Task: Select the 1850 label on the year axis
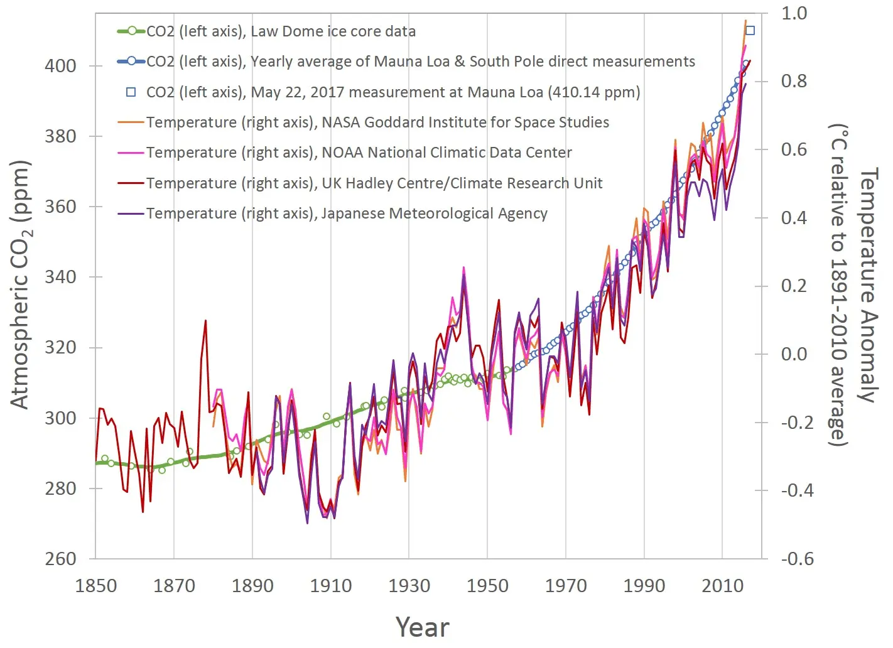(95, 586)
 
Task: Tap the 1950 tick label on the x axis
(487, 586)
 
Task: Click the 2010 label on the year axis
(722, 586)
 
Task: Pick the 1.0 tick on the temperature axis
(794, 13)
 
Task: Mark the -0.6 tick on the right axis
(796, 559)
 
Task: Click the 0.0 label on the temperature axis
(794, 354)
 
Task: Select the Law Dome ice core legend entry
(281, 31)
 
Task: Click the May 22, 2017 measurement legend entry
(393, 92)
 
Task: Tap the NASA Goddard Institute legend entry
(377, 122)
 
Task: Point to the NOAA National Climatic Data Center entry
(359, 153)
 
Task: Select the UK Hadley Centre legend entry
(374, 183)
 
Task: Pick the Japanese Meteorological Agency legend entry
(347, 213)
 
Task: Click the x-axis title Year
(423, 627)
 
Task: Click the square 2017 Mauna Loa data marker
(750, 31)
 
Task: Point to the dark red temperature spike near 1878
(205, 321)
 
